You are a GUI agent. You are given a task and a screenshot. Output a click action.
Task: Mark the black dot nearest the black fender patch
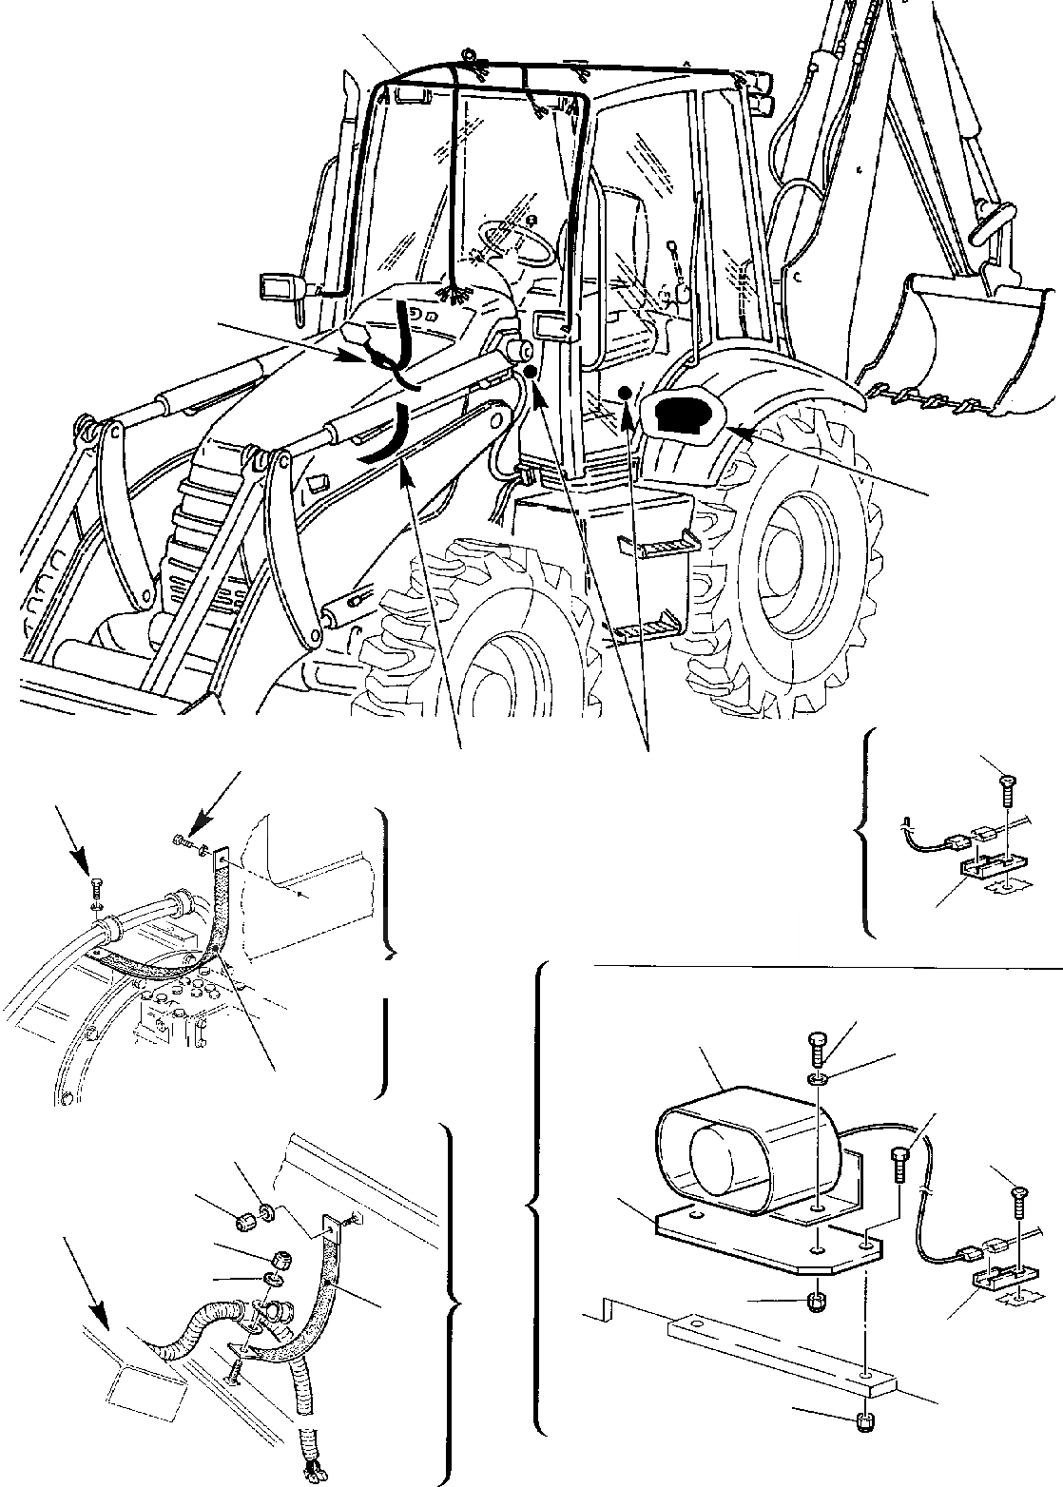pyautogui.click(x=625, y=393)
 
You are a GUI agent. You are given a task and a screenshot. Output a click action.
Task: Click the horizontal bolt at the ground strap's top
pyautogui.click(x=183, y=840)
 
